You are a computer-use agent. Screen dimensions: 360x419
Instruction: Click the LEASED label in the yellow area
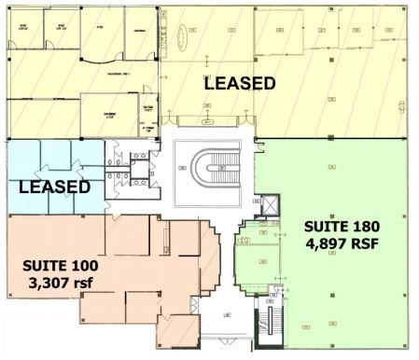[240, 84]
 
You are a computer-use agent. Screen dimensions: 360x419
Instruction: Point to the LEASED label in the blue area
[55, 187]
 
